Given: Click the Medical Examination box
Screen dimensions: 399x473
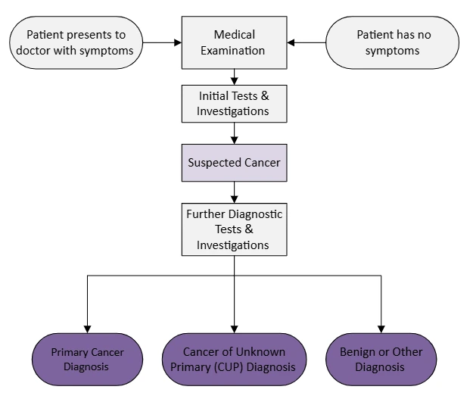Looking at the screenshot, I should pyautogui.click(x=234, y=42).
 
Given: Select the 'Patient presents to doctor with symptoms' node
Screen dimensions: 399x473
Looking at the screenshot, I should pyautogui.click(x=76, y=42).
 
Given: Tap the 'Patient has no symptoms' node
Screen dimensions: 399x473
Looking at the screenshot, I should pyautogui.click(x=392, y=42).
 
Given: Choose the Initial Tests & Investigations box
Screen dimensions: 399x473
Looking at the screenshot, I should pyautogui.click(x=234, y=104).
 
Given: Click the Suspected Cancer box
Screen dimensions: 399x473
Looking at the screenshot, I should pyautogui.click(x=234, y=163).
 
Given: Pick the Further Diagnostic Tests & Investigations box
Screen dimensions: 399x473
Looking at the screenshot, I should pyautogui.click(x=234, y=229).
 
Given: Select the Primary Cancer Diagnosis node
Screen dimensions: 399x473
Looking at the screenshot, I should pyautogui.click(x=87, y=360).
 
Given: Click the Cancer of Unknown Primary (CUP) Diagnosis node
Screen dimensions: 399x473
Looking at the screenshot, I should pyautogui.click(x=234, y=360).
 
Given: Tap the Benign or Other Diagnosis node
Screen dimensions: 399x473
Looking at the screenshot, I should pyautogui.click(x=381, y=360).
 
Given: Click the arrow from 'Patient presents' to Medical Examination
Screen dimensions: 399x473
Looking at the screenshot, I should pyautogui.click(x=161, y=42).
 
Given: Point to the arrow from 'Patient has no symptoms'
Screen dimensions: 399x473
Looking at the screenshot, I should pyautogui.click(x=307, y=42).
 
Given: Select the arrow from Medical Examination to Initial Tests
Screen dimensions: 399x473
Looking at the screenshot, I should pyautogui.click(x=234, y=76).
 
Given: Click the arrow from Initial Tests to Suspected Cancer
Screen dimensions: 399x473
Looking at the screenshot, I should pyautogui.click(x=234, y=133).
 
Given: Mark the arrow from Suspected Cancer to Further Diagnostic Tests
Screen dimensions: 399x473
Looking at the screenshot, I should pyautogui.click(x=234, y=192).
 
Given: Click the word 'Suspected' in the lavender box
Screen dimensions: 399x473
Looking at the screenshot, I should pyautogui.click(x=211, y=163).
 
